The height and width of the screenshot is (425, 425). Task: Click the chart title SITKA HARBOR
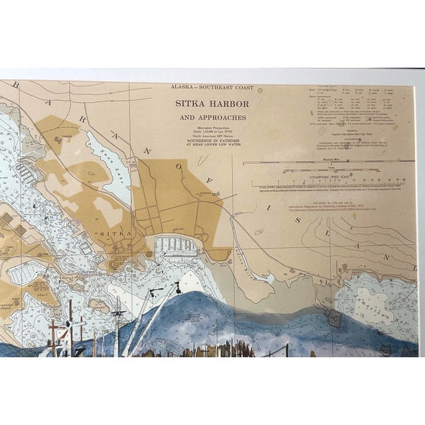(212, 104)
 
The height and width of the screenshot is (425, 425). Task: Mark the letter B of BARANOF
(18, 86)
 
